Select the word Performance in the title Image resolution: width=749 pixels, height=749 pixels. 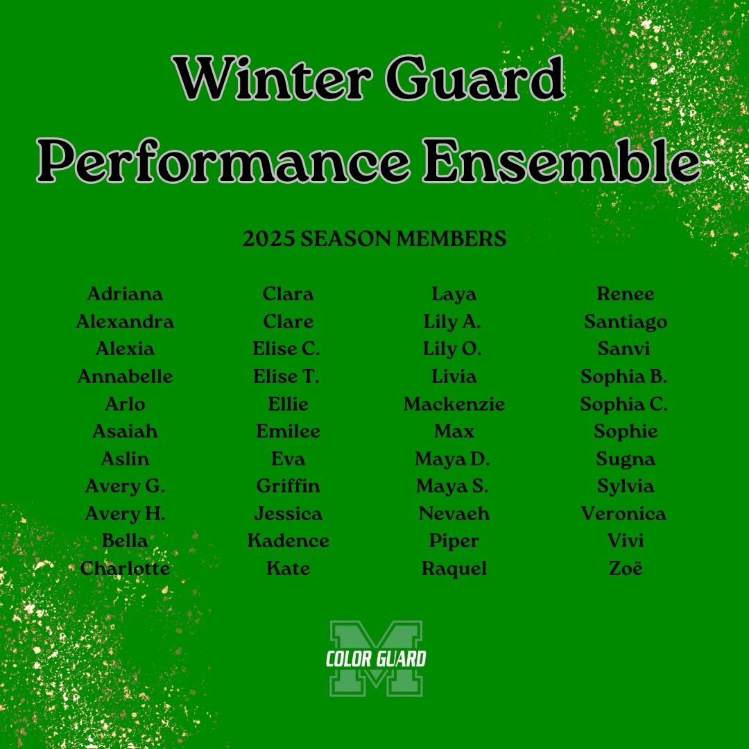click(x=223, y=161)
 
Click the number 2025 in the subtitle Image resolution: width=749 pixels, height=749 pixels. click(x=268, y=239)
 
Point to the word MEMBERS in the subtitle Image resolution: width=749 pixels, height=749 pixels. click(x=451, y=239)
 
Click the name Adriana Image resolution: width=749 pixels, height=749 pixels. click(x=125, y=294)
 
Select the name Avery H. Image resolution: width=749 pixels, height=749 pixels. click(x=125, y=514)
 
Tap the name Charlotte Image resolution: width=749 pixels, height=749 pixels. click(x=125, y=569)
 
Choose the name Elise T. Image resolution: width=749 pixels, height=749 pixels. click(x=286, y=377)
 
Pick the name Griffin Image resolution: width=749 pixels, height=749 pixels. click(x=288, y=486)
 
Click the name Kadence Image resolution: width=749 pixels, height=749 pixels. click(x=288, y=541)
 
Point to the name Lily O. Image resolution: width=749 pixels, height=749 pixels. click(x=452, y=349)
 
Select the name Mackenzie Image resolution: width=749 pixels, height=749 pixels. click(x=454, y=404)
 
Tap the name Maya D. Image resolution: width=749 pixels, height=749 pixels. click(x=452, y=459)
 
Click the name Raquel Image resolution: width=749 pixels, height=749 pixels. click(x=454, y=569)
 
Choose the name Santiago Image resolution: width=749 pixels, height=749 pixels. click(x=626, y=322)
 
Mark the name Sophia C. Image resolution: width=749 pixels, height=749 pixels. click(x=624, y=404)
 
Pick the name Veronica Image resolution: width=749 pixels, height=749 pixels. click(x=623, y=514)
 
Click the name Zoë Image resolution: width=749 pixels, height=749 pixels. click(x=626, y=569)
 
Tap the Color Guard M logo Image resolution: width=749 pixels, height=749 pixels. click(x=376, y=659)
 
